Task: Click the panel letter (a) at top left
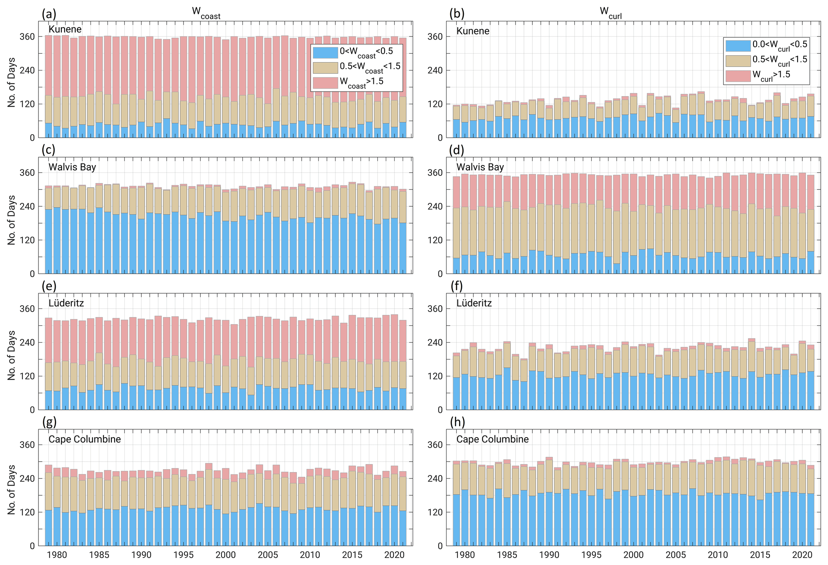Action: [x=49, y=14]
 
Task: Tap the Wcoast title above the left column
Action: [x=206, y=13]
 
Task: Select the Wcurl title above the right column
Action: [x=610, y=13]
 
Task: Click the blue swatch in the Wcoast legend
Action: [x=325, y=52]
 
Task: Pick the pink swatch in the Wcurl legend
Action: [x=737, y=76]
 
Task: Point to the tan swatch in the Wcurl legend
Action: [x=737, y=61]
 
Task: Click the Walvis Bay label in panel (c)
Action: [x=72, y=167]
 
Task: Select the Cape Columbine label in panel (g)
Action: [x=85, y=439]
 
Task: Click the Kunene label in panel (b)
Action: [x=473, y=31]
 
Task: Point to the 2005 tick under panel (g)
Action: [x=268, y=555]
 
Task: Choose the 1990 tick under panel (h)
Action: [x=549, y=555]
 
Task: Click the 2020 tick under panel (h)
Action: [x=802, y=555]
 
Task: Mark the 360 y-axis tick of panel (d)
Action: [x=435, y=173]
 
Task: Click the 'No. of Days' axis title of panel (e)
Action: [x=12, y=355]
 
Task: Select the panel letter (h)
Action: [x=457, y=422]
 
